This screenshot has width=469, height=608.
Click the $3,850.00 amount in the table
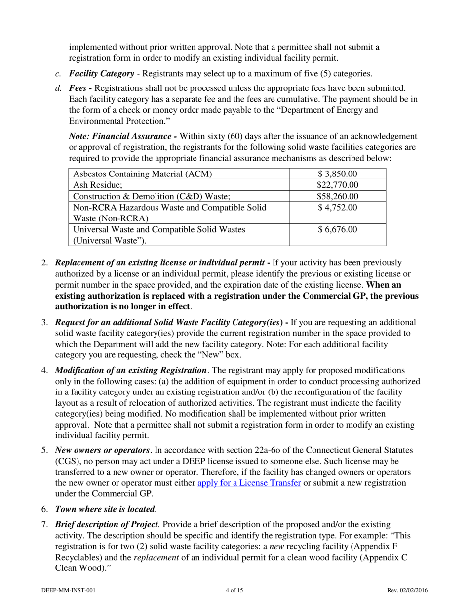pos(338,174)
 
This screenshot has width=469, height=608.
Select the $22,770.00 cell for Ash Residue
pos(338,185)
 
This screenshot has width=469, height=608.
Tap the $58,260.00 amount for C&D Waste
pos(338,196)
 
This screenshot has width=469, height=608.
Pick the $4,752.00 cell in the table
pos(338,208)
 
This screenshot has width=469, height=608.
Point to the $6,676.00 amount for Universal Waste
pos(338,230)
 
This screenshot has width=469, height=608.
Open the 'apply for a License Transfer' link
pos(249,483)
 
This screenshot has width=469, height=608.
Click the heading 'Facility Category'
pos(101,74)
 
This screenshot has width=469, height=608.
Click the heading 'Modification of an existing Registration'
pos(131,370)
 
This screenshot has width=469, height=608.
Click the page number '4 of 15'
pos(234,590)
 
